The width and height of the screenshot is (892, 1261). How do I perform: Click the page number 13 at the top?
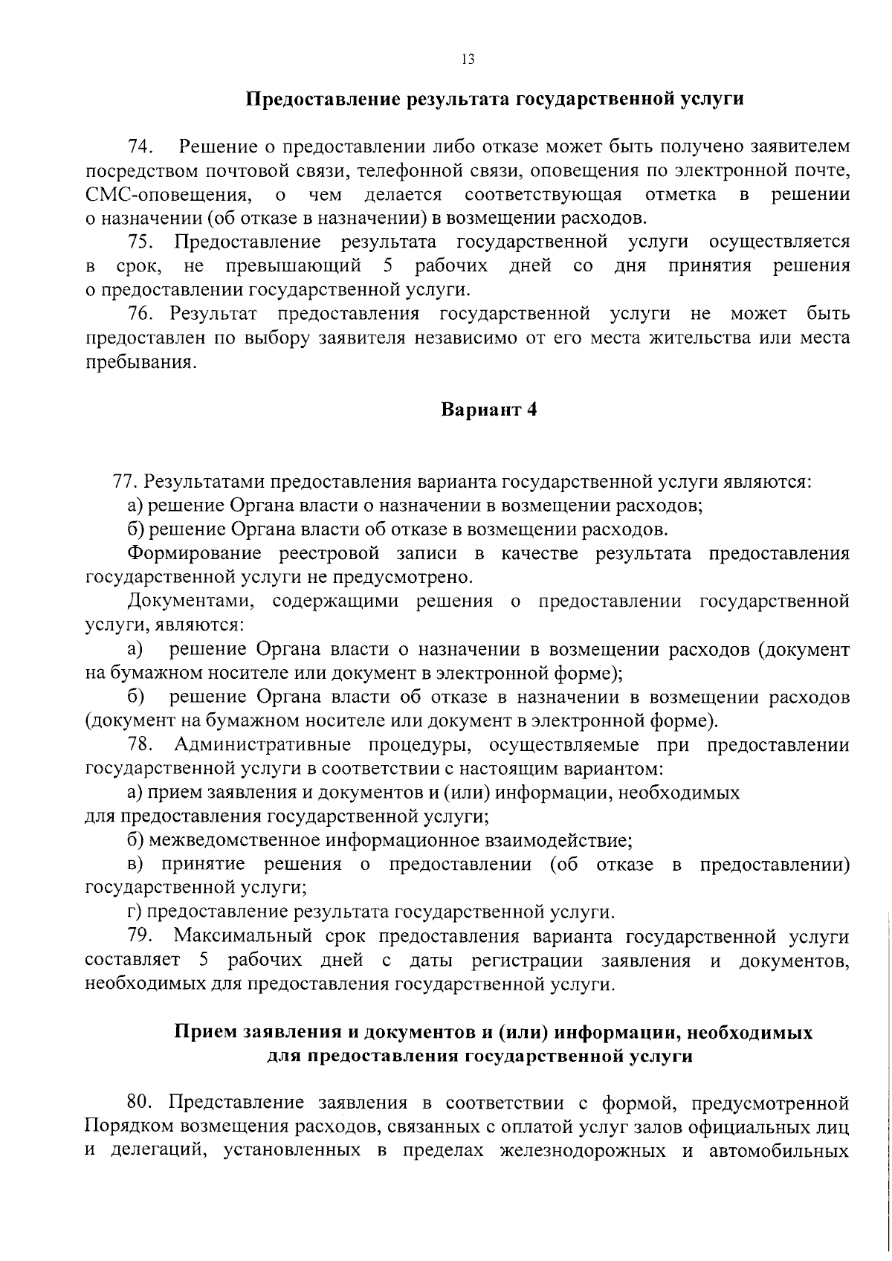(x=468, y=60)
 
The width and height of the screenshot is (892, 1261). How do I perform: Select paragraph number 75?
(x=140, y=242)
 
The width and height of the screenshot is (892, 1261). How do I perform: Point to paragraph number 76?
(x=140, y=314)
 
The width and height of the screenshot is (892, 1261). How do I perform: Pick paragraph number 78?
(x=140, y=745)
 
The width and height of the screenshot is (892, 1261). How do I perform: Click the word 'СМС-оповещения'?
(x=167, y=195)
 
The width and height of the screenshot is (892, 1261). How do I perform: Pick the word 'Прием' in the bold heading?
(x=201, y=1033)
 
